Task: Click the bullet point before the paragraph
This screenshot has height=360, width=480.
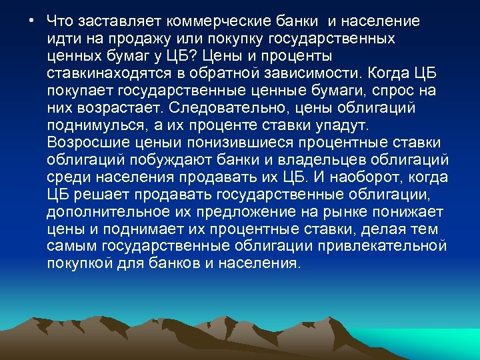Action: coord(32,21)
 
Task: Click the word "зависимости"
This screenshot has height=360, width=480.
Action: coord(318,73)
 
